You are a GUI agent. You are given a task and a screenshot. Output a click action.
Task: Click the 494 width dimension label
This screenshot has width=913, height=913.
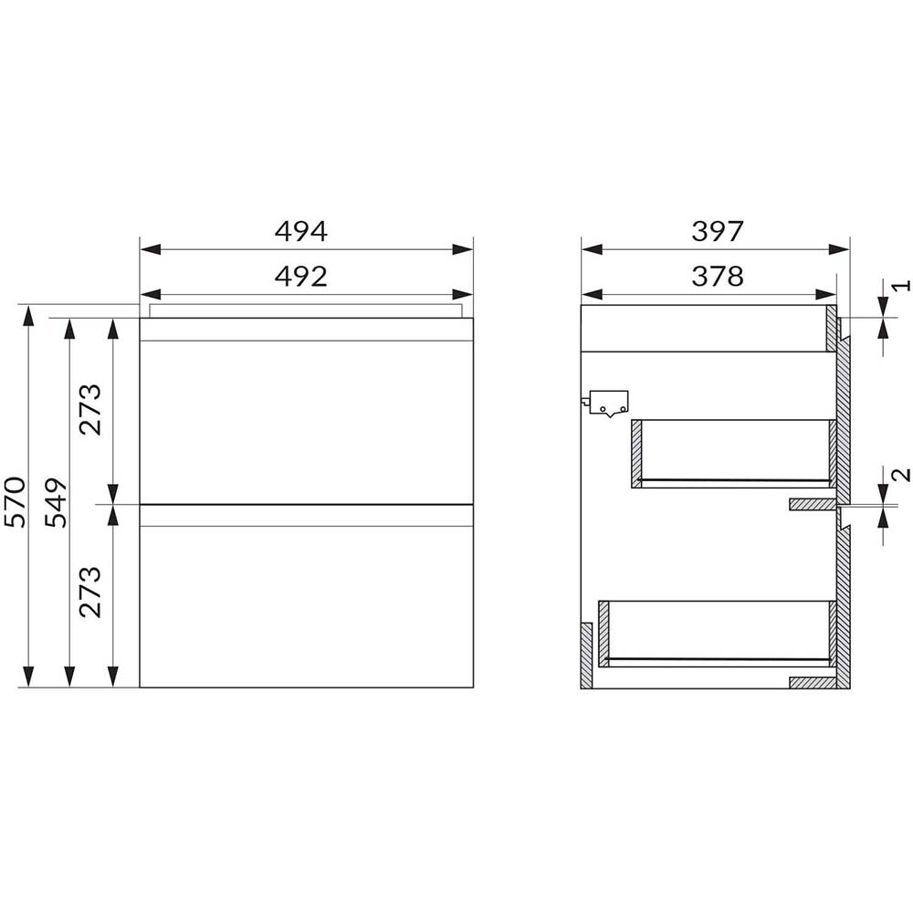point(301,231)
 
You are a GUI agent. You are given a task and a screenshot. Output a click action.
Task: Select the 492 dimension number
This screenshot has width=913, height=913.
point(301,276)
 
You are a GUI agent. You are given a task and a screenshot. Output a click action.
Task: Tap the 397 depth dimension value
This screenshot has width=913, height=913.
point(718,231)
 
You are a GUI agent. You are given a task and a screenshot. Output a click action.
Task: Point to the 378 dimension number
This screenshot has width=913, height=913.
point(718,276)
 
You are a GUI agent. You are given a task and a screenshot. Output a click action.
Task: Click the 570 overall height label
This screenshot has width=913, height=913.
point(16,502)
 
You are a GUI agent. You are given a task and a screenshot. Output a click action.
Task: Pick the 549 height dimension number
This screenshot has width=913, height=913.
point(57,502)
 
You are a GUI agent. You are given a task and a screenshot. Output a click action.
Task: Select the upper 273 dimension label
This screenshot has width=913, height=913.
point(90,410)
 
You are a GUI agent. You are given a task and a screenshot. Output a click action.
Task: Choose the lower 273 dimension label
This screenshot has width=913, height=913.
point(90,593)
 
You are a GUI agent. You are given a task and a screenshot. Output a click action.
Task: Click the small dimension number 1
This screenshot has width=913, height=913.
point(901,285)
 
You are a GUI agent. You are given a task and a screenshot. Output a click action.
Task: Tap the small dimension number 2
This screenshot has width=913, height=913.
point(901,475)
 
